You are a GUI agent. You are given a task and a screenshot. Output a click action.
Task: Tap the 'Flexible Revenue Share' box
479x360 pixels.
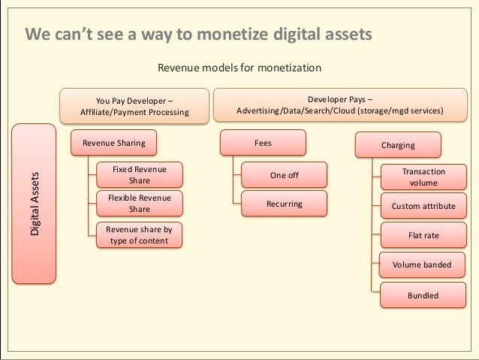pyautogui.click(x=140, y=204)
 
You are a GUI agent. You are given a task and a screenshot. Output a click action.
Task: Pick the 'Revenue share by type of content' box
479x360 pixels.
pyautogui.click(x=140, y=235)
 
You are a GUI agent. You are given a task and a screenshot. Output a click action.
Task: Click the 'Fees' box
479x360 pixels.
pyautogui.click(x=263, y=142)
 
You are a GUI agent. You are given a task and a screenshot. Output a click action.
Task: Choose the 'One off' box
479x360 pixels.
pyautogui.click(x=284, y=176)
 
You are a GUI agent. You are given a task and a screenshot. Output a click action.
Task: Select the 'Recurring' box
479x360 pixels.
pyautogui.click(x=284, y=204)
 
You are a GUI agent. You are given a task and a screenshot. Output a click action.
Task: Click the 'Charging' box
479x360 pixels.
pyautogui.click(x=397, y=144)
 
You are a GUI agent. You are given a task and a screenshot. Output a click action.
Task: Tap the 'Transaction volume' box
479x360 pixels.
pyautogui.click(x=423, y=177)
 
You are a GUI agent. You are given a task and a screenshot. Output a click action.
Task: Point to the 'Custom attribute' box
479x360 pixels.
pyautogui.click(x=423, y=206)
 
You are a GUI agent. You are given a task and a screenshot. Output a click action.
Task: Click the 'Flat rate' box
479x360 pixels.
pyautogui.click(x=423, y=235)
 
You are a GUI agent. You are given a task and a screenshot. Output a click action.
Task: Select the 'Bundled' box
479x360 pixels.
pyautogui.click(x=423, y=295)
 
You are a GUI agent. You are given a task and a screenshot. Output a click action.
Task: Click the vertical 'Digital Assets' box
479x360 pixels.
pyautogui.click(x=35, y=204)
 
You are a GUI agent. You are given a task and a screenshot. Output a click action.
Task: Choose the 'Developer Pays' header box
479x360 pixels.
pyautogui.click(x=339, y=104)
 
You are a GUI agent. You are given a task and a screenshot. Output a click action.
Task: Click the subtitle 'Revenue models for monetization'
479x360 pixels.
pyautogui.click(x=239, y=68)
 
